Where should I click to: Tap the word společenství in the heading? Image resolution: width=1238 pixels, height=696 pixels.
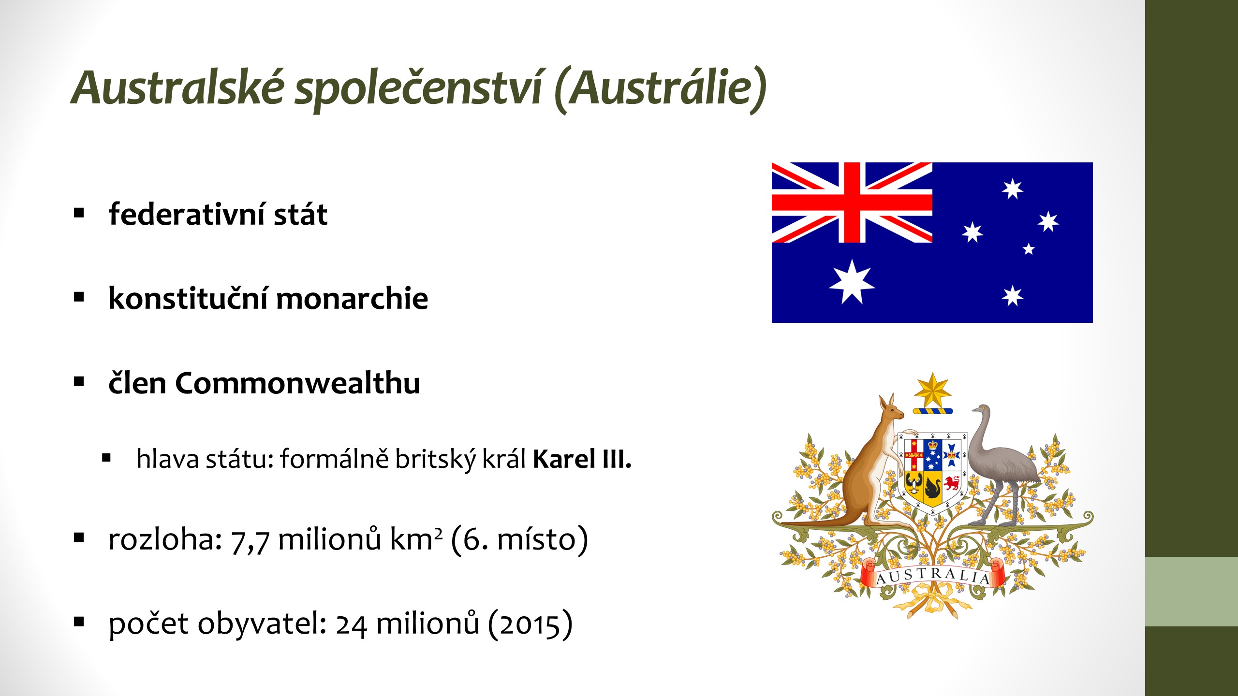pos(419,90)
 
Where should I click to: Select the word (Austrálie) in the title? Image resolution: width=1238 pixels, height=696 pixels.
pos(661,90)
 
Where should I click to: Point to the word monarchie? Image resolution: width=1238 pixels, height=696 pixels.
pos(352,298)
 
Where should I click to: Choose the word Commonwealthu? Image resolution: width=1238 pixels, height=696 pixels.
pos(297,383)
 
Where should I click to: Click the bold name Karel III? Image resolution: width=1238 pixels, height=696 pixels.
pos(582,459)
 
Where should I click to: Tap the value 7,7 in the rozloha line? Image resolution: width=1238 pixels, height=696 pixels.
pos(250,540)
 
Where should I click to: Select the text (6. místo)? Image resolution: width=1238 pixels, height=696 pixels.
pos(519,539)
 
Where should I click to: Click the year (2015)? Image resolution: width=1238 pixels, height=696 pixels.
pos(530,624)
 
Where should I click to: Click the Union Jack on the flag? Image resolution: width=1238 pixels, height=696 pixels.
pos(852,203)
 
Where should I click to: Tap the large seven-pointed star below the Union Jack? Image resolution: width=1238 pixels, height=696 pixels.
pos(852,282)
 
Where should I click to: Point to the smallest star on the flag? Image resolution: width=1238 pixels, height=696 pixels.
pos(1029,249)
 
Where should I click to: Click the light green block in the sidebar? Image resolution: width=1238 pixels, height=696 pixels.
pos(1192,592)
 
